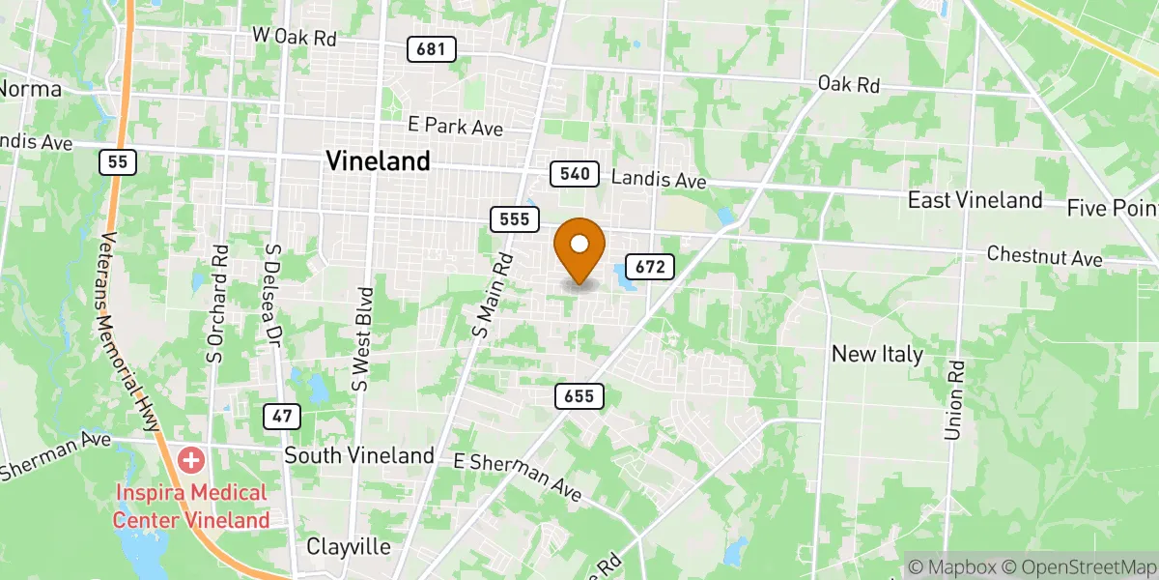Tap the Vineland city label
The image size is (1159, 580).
click(x=379, y=161)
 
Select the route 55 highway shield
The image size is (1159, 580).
click(x=118, y=162)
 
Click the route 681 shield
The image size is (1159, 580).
click(x=431, y=49)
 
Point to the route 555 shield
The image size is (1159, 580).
click(x=514, y=219)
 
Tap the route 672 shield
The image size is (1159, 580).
click(x=650, y=267)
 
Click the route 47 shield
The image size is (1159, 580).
click(x=280, y=417)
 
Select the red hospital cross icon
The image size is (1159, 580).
click(x=191, y=460)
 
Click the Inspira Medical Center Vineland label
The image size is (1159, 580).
click(x=191, y=507)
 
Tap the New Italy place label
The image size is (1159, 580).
click(x=878, y=354)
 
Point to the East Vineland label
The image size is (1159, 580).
click(x=975, y=200)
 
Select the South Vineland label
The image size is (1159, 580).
click(x=359, y=455)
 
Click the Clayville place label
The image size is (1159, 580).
click(x=349, y=547)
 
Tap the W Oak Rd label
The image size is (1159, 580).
click(x=294, y=37)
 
